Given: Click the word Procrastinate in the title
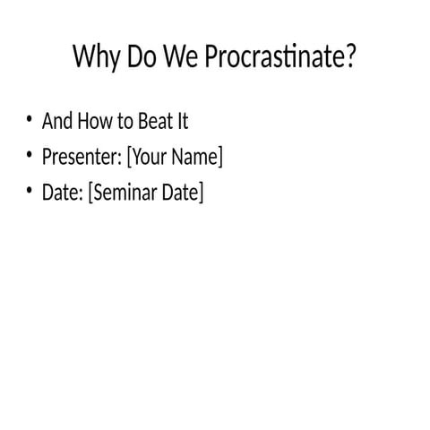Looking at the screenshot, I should [x=273, y=59].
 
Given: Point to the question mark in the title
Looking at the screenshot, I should [x=351, y=58].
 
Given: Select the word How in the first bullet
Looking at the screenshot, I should [x=96, y=121].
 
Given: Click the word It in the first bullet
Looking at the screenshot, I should [x=182, y=121].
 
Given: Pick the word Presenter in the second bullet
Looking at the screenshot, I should [x=81, y=157].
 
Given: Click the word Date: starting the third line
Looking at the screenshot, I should [x=62, y=193].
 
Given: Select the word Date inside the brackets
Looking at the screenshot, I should [x=181, y=193].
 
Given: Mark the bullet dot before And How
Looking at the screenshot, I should [x=29, y=121].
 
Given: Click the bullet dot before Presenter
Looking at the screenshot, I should [x=29, y=157].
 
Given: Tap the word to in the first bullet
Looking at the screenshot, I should [x=125, y=121].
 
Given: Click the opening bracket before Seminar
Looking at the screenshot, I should [x=90, y=193].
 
